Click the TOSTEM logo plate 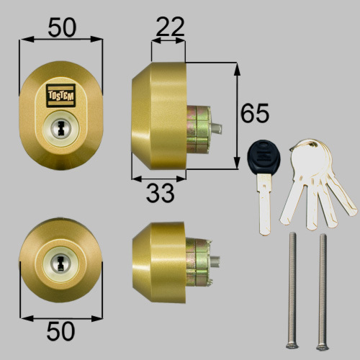click(60, 96)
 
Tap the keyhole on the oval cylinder click(60, 129)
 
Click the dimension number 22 click(170, 27)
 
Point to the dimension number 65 click(255, 113)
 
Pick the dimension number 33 click(160, 193)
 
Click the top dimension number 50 click(62, 27)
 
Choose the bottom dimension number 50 click(60, 331)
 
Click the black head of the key click(264, 157)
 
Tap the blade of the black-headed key click(265, 204)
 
